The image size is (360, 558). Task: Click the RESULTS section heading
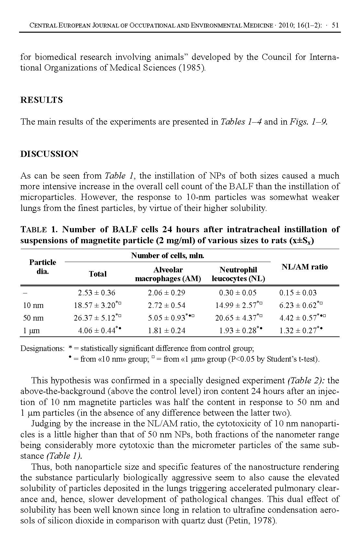41,100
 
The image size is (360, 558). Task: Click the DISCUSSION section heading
49,154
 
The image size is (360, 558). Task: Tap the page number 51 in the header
335,25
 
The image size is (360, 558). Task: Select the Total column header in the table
97,274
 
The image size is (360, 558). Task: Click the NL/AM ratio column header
305,267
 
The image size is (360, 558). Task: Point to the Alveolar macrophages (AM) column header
168,274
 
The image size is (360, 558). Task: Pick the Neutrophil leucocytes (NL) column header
238,274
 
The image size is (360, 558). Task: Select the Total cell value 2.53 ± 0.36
96,293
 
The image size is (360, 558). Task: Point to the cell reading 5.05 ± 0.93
166,318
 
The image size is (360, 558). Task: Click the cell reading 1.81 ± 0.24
166,331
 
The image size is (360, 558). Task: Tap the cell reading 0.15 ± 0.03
298,293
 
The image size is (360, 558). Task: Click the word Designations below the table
42,348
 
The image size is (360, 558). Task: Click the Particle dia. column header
42,267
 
